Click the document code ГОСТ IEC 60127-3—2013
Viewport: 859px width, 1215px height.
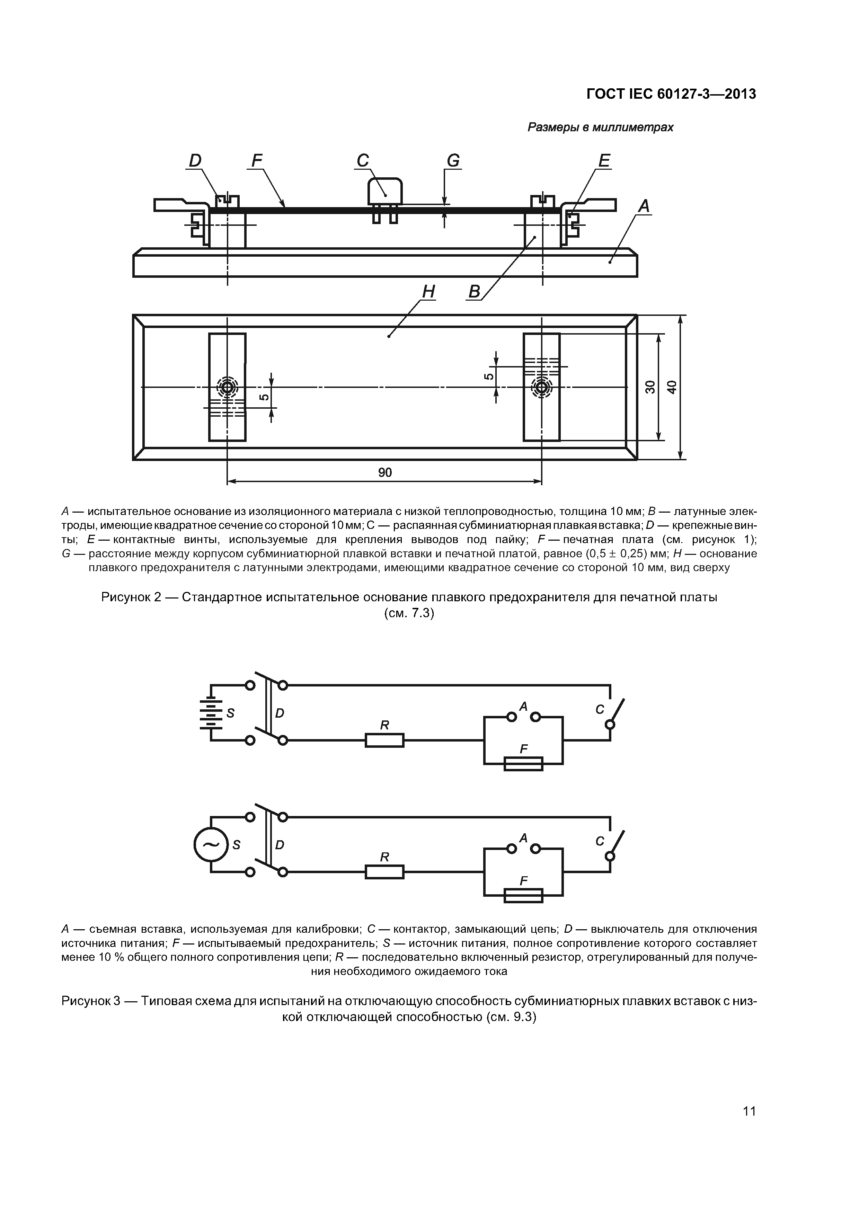click(x=671, y=94)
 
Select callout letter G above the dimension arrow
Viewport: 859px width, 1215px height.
click(x=453, y=160)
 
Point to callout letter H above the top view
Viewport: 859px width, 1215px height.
click(x=428, y=292)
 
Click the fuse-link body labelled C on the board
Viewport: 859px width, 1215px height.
click(x=385, y=191)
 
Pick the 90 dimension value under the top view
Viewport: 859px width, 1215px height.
click(x=385, y=472)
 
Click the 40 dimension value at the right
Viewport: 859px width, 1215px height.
click(x=672, y=387)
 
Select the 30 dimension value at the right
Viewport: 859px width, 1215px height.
click(x=650, y=387)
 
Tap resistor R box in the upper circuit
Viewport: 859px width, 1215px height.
click(x=385, y=740)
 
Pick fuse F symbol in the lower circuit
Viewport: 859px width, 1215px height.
click(x=523, y=895)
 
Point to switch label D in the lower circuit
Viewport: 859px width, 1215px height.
click(x=280, y=845)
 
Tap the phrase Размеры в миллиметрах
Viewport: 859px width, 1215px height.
click(x=600, y=127)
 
